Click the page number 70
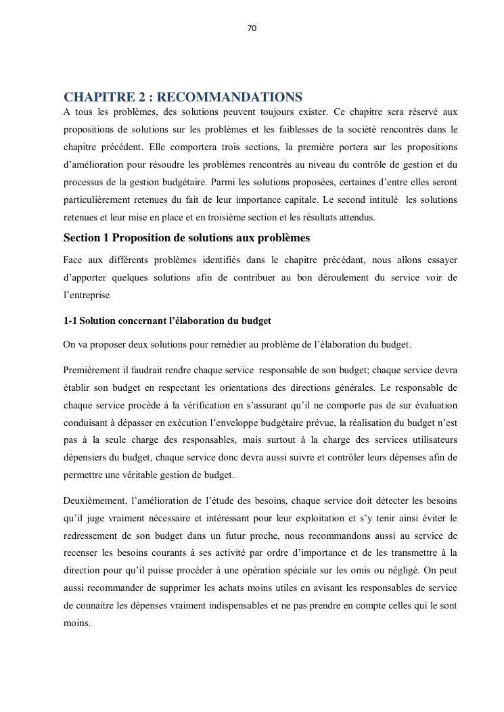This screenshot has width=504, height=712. pyautogui.click(x=252, y=28)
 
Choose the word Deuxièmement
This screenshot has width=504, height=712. pyautogui.click(x=94, y=501)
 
